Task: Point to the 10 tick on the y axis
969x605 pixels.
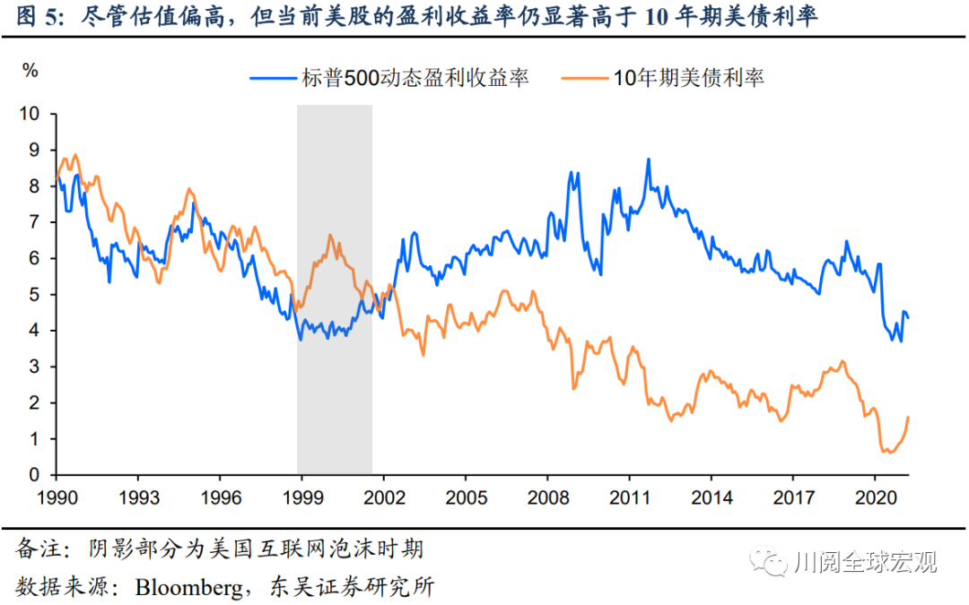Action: pos(31,114)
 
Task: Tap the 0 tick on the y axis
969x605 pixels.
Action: pos(36,475)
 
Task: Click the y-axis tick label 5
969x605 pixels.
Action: pos(36,295)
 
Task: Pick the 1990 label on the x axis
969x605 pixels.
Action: pos(56,496)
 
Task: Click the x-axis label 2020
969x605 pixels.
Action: pos(876,496)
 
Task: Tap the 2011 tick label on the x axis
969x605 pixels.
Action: pos(630,496)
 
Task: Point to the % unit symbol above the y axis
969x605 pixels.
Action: pos(31,71)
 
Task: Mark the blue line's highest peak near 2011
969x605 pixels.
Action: pos(648,160)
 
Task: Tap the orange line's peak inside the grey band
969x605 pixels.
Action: pos(330,236)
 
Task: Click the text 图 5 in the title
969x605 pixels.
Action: pos(33,17)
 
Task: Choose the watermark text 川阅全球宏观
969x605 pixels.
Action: pos(866,562)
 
